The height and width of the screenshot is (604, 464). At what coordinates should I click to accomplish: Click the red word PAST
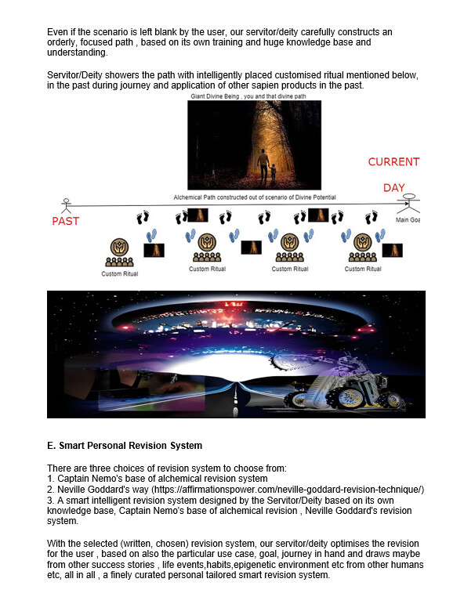coord(66,221)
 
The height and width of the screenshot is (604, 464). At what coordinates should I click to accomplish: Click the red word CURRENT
coord(393,162)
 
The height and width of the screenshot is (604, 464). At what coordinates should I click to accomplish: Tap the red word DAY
coord(394,187)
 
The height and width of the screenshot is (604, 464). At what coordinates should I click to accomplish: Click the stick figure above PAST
coord(67,206)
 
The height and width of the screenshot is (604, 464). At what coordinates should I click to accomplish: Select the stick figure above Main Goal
coord(408,204)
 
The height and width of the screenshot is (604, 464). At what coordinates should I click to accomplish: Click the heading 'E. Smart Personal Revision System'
coord(125,446)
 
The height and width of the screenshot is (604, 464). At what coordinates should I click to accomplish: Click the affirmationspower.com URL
coord(288,490)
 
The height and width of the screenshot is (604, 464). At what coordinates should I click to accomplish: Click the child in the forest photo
coord(273,173)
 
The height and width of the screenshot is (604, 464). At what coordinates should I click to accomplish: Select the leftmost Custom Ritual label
coord(119,274)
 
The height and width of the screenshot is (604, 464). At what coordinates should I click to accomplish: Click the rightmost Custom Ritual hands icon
coord(363,242)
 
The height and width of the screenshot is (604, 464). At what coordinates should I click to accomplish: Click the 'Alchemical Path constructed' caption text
coord(255,197)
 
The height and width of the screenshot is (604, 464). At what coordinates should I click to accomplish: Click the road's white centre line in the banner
coord(235,396)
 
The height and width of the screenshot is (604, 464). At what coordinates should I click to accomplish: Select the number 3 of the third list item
coord(50,501)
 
